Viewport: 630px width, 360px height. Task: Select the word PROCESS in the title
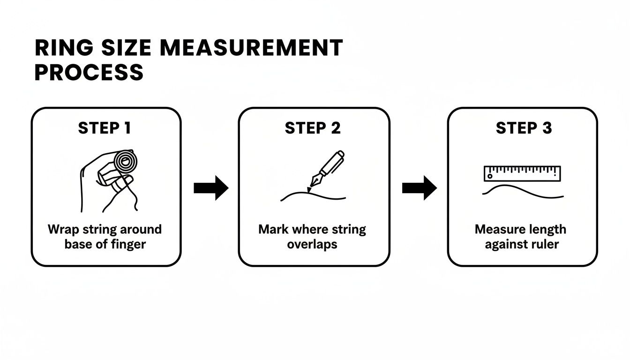(89, 73)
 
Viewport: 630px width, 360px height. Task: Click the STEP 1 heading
(105, 128)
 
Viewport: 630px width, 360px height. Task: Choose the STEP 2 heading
(313, 128)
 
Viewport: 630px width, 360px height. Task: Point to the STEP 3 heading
(524, 128)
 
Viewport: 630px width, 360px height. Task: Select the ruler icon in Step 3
(522, 173)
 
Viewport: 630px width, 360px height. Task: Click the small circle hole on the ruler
(490, 177)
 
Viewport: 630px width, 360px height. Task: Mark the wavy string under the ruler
(522, 191)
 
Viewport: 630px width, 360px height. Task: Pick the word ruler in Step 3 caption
(546, 244)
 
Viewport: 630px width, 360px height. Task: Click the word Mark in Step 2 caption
(273, 230)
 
